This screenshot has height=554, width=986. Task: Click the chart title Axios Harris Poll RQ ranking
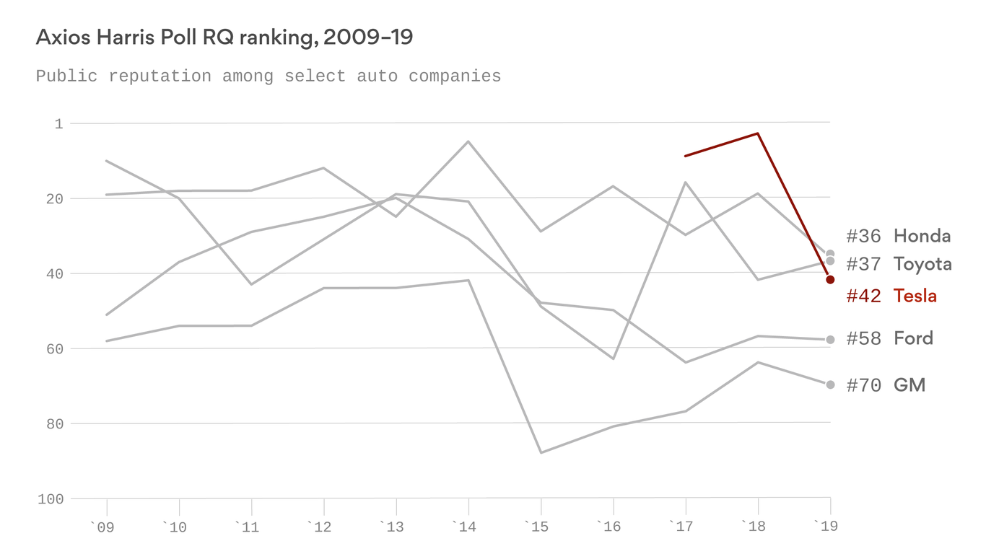coord(224,38)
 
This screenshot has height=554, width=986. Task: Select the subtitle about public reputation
coord(268,76)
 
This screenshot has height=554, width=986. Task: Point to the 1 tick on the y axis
coord(58,124)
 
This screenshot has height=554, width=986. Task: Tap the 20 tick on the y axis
coord(54,199)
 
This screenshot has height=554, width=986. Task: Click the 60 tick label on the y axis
coord(54,349)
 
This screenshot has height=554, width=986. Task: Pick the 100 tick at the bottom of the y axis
coord(51,499)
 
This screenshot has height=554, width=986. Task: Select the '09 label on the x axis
coord(102,527)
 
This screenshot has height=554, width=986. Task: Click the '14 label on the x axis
coord(463,527)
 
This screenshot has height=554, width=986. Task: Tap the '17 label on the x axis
coord(680,527)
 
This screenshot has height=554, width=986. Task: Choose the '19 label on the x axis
coord(825,527)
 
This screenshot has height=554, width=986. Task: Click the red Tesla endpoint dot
coord(830,280)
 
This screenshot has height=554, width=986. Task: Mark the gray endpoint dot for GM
coord(830,384)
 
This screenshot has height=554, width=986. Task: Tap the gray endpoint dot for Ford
coord(830,340)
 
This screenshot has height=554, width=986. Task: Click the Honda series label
coord(922,236)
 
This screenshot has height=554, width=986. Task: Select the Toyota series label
coord(922,264)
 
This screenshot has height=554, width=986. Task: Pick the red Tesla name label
coord(915,296)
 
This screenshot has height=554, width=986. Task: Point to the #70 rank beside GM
coord(863,386)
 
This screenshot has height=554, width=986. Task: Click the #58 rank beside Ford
coord(863,339)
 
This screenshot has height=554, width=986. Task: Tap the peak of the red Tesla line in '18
coord(757,133)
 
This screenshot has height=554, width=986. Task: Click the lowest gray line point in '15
coord(541,453)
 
